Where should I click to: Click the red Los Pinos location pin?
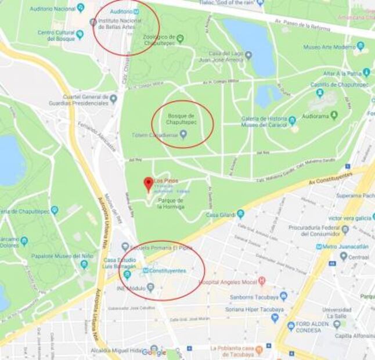coord(148,183)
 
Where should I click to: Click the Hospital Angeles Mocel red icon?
coord(262,281)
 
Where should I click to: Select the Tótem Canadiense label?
coord(160,135)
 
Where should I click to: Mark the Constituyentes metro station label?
coord(167,271)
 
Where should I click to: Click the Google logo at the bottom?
coord(154,352)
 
